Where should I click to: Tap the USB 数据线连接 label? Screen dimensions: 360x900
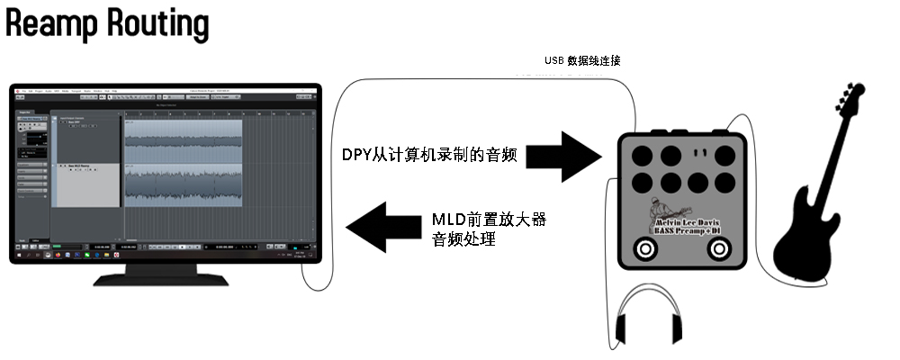(582, 61)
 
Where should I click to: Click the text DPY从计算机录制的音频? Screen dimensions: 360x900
(428, 155)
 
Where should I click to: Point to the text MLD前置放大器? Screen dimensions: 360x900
(490, 219)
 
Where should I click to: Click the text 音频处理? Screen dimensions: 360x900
(464, 240)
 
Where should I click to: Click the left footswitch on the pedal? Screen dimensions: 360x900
(645, 249)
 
